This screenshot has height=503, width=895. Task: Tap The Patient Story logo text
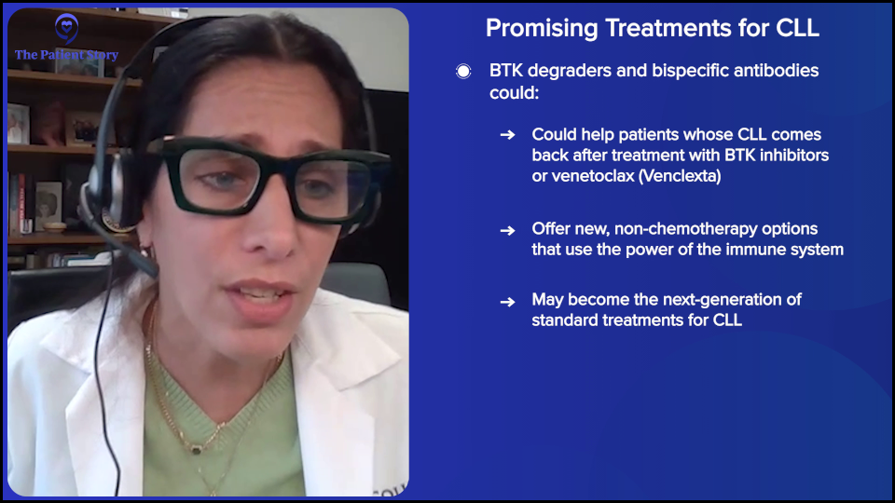click(66, 55)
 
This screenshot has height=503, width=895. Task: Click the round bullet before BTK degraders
click(463, 72)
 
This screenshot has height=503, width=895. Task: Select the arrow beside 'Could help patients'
click(507, 135)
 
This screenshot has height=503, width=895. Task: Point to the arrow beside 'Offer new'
click(507, 229)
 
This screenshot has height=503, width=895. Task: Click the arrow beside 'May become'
click(507, 301)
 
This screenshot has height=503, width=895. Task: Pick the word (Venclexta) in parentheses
click(680, 176)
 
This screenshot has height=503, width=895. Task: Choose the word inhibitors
click(792, 156)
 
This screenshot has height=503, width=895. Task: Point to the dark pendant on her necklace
click(196, 448)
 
